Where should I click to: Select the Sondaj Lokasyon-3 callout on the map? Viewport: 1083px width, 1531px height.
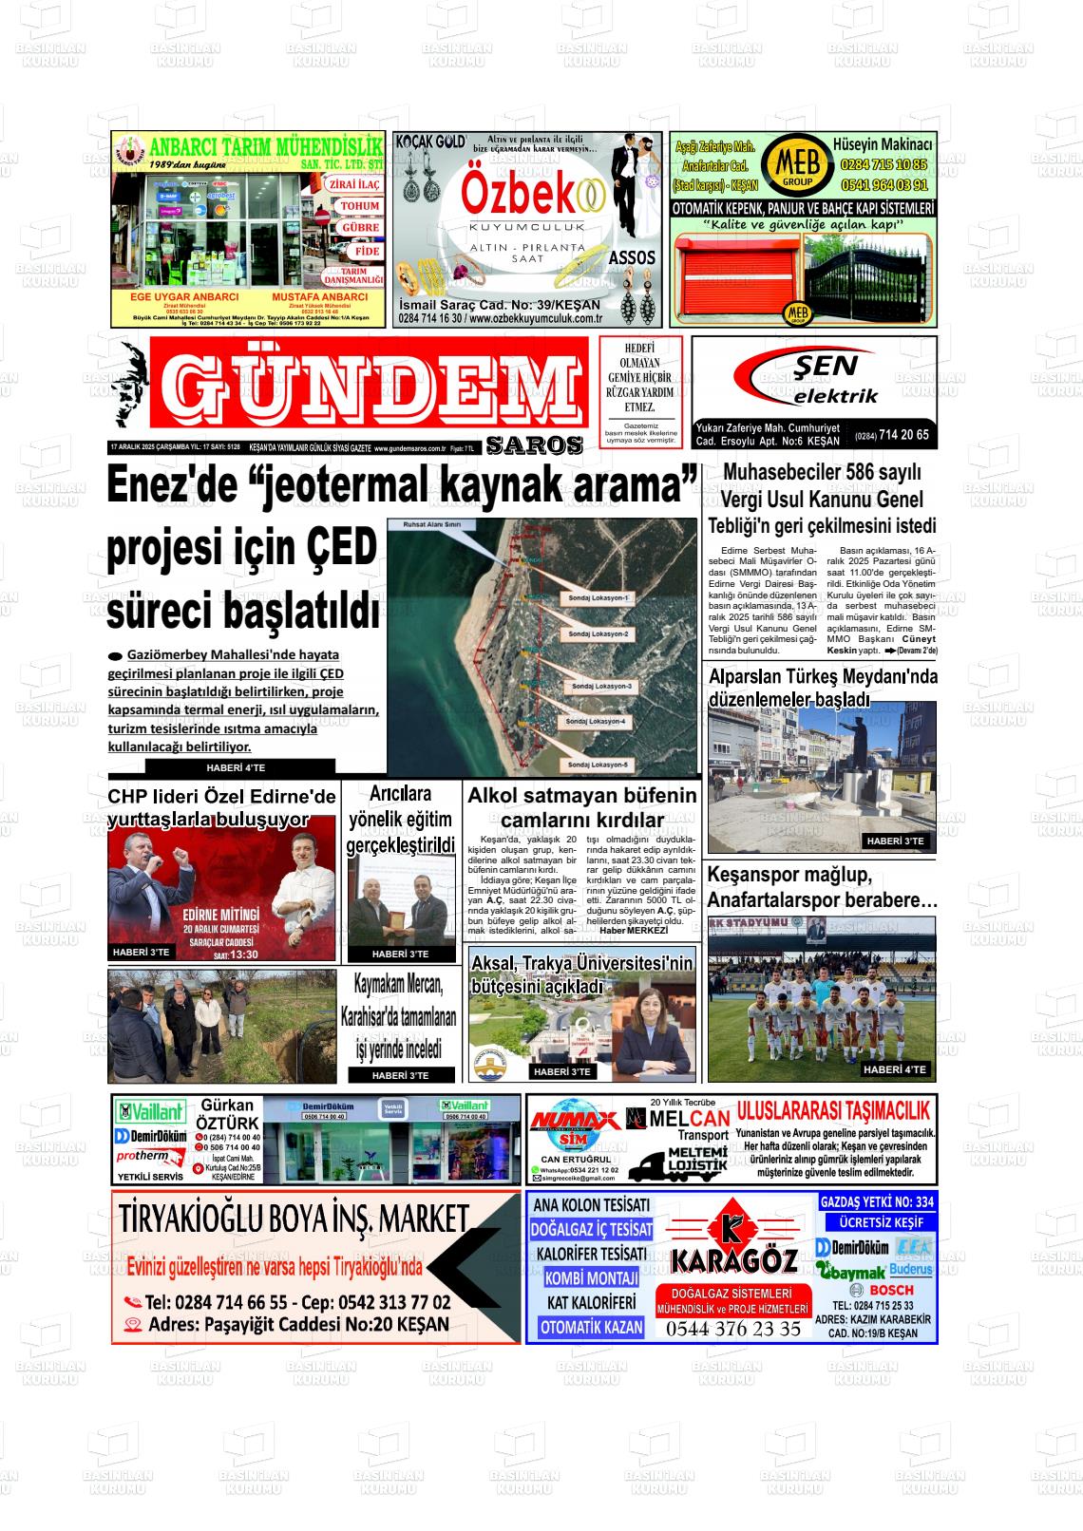[x=598, y=687]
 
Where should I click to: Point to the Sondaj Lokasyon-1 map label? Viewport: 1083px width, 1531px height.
[x=598, y=598]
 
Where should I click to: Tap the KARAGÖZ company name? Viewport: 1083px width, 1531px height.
[x=733, y=1260]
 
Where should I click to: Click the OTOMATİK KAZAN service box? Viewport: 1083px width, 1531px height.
[x=591, y=1327]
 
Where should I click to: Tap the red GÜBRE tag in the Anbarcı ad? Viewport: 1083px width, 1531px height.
[x=360, y=228]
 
